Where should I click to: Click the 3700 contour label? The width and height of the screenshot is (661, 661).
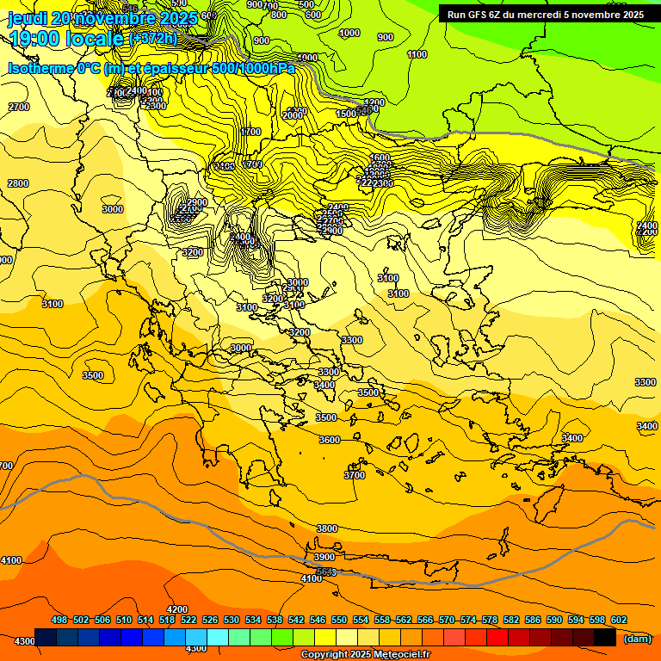pos(355,475)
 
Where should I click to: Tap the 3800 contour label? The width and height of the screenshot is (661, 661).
pos(326,528)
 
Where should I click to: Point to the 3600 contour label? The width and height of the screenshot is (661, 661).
pos(330,440)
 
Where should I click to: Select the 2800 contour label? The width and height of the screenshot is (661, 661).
pos(17,183)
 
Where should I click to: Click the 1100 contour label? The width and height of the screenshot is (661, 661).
pos(417,54)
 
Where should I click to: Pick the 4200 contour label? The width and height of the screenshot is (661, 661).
pos(177,609)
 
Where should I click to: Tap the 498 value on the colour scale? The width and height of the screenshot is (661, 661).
pos(59,620)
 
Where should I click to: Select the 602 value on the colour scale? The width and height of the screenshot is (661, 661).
pos(619,620)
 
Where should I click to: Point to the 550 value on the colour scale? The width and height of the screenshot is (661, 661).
pos(339,620)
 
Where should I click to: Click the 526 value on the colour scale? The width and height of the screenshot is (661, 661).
pos(210,620)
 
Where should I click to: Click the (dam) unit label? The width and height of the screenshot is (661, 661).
pos(637,638)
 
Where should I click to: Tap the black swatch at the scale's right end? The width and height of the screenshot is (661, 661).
pos(605,638)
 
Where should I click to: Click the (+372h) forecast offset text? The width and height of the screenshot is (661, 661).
pos(155,39)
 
